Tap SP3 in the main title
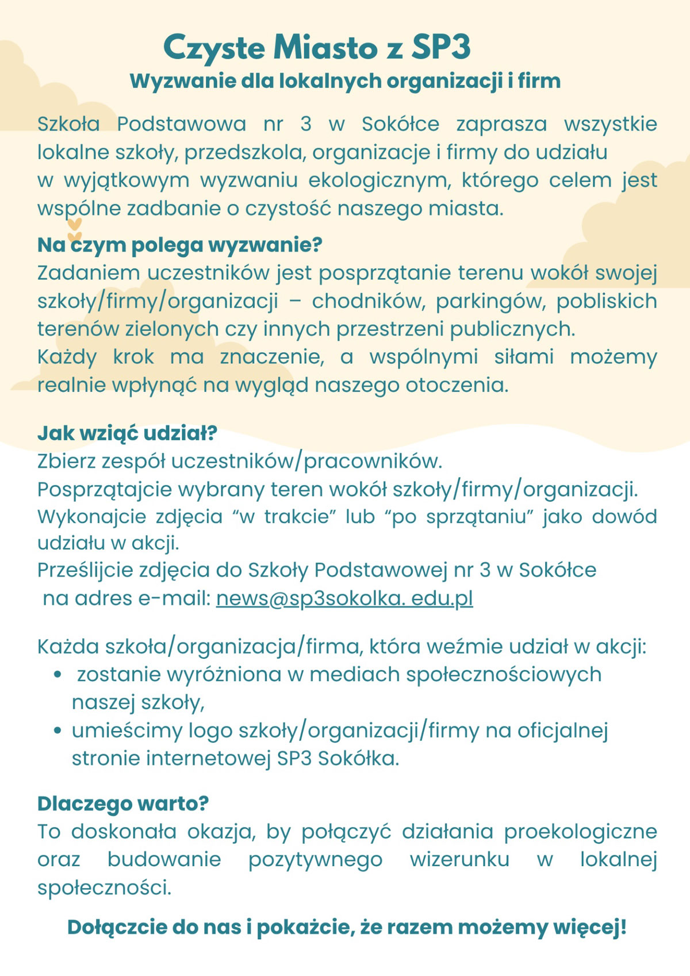click(440, 48)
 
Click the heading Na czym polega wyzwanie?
click(179, 245)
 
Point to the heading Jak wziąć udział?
click(127, 433)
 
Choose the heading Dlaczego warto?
click(122, 803)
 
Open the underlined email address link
click(344, 598)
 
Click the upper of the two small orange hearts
click(74, 225)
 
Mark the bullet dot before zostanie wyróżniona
click(57, 675)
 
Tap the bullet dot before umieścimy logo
click(57, 731)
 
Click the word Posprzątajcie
click(105, 490)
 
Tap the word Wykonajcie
click(92, 516)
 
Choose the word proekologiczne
click(580, 832)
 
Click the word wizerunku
click(459, 860)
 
